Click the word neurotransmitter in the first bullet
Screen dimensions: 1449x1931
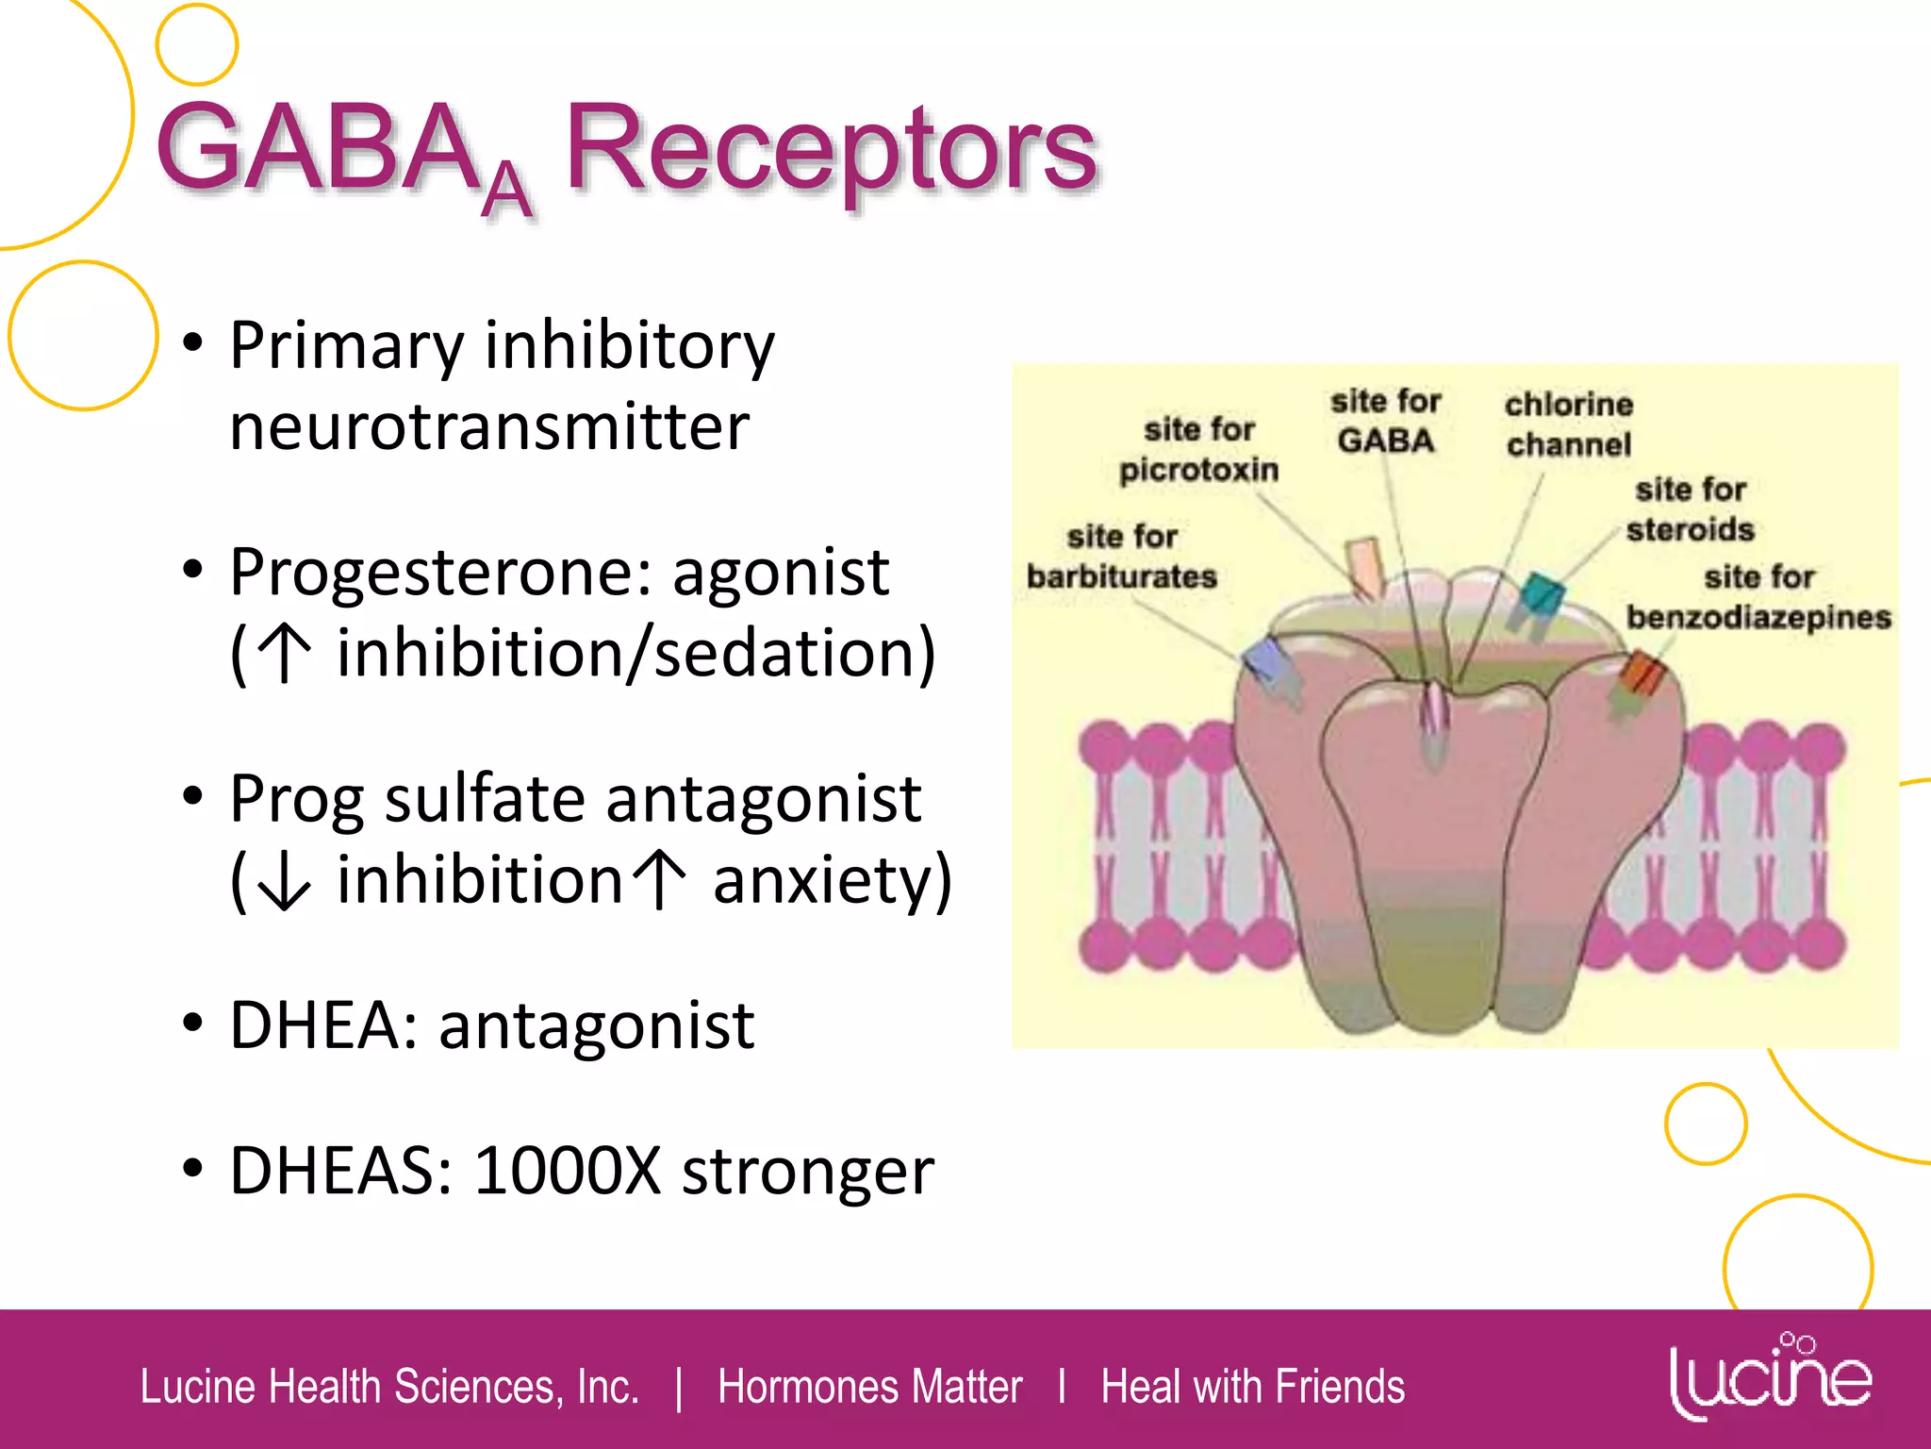(x=489, y=426)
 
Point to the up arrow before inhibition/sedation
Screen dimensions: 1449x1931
(x=284, y=653)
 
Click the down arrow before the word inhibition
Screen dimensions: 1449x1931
(x=283, y=880)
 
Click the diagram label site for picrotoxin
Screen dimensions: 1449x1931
(x=1198, y=449)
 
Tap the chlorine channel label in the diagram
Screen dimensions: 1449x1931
(x=1568, y=424)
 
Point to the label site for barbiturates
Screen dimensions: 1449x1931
(x=1121, y=556)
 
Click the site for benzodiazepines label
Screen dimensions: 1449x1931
(x=1758, y=596)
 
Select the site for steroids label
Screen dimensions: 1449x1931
(x=1691, y=509)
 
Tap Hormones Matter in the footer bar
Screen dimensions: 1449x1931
(x=869, y=1387)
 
